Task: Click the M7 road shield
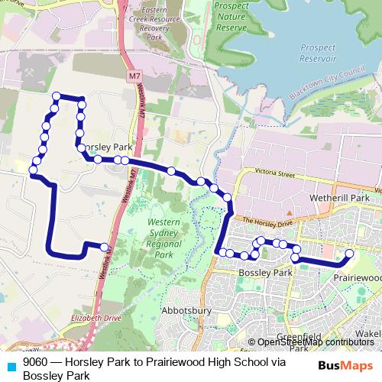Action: [x=134, y=76]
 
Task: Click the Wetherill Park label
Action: [x=330, y=196]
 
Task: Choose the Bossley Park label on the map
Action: [x=266, y=273]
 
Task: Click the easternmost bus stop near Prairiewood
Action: [x=349, y=253]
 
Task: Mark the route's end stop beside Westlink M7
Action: [x=104, y=247]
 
